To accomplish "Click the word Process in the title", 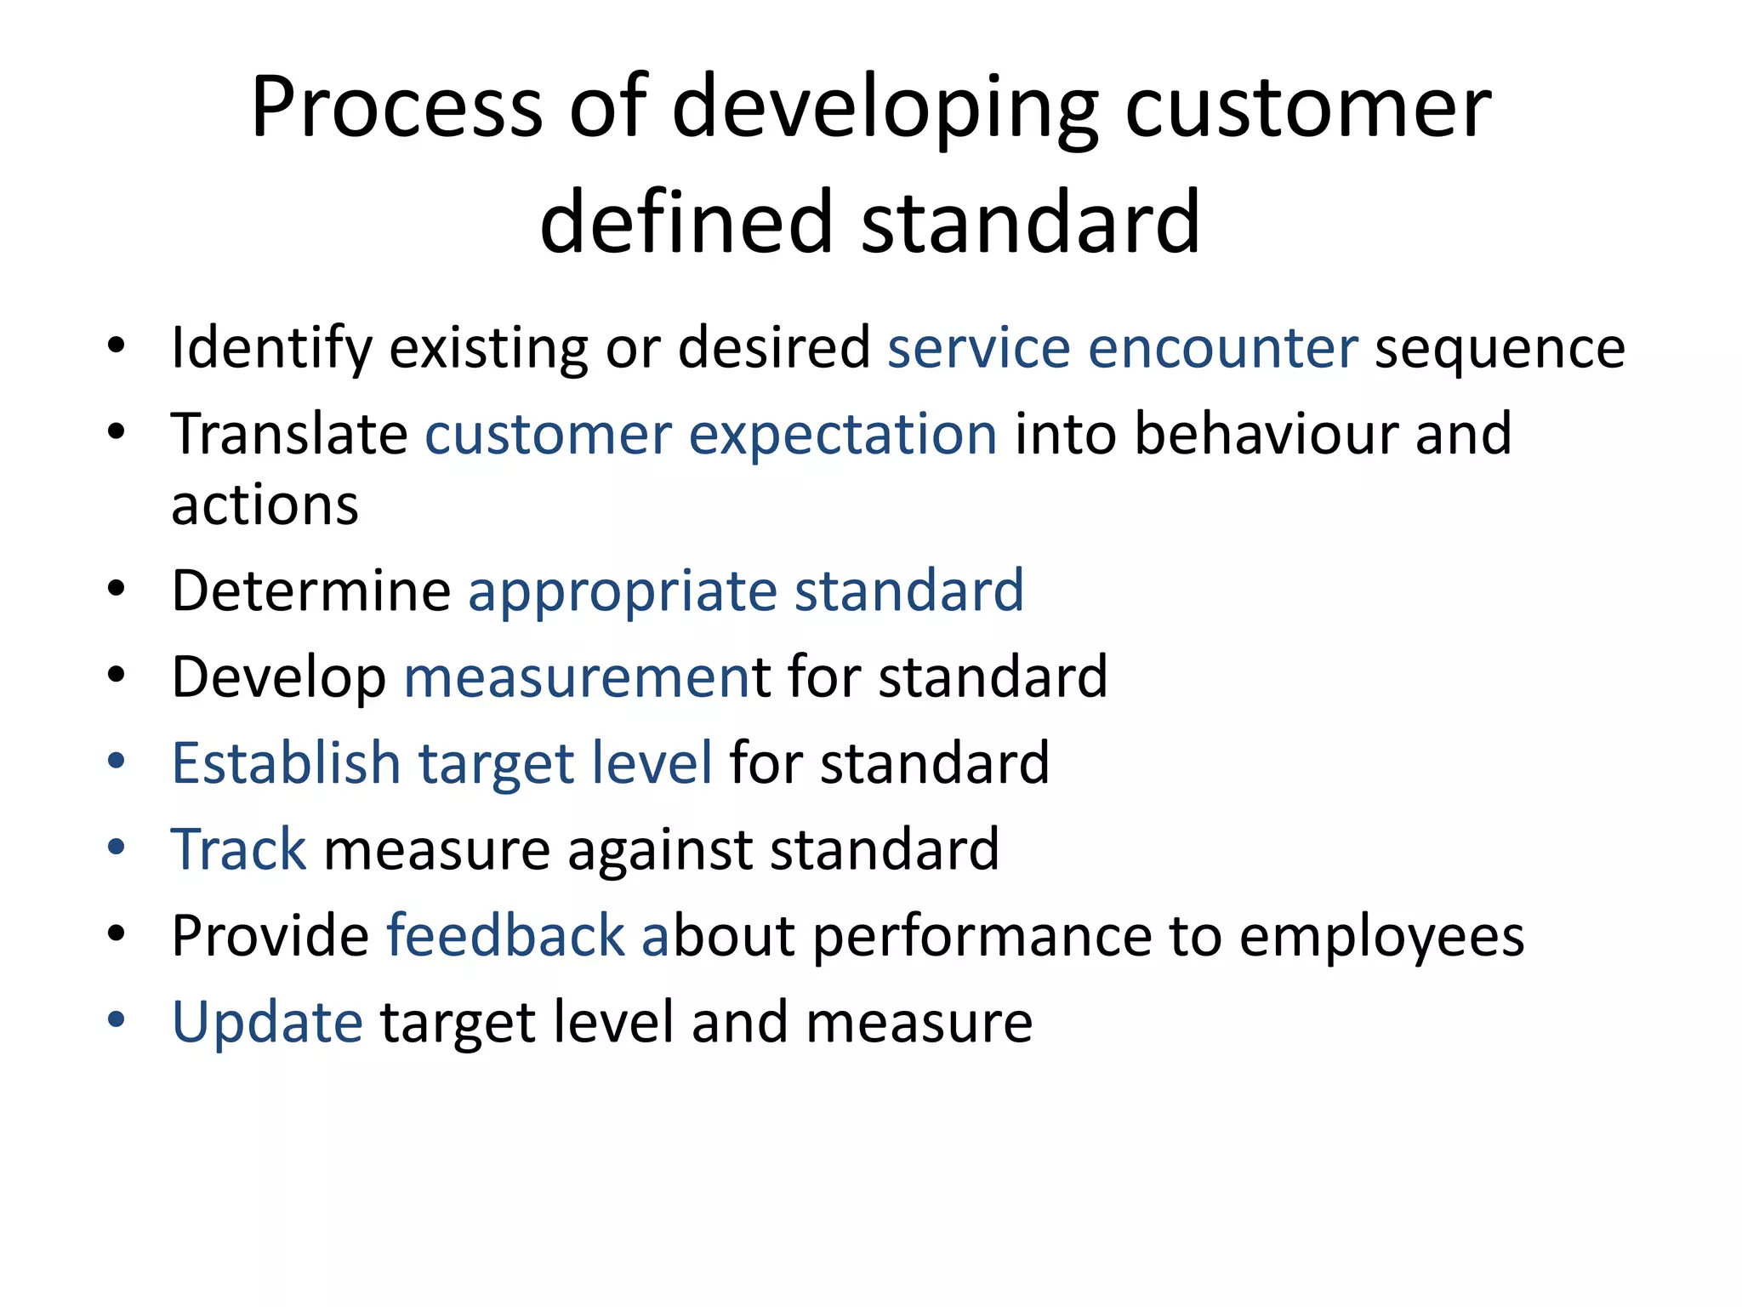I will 396,108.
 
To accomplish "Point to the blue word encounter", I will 1222,348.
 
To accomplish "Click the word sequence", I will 1500,350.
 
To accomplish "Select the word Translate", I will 289,434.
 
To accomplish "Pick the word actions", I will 265,505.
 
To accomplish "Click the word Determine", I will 310,591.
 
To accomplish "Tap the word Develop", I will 278,678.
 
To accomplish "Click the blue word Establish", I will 286,762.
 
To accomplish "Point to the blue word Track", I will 239,849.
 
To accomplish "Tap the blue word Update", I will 267,1023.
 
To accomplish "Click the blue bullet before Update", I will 117,1019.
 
